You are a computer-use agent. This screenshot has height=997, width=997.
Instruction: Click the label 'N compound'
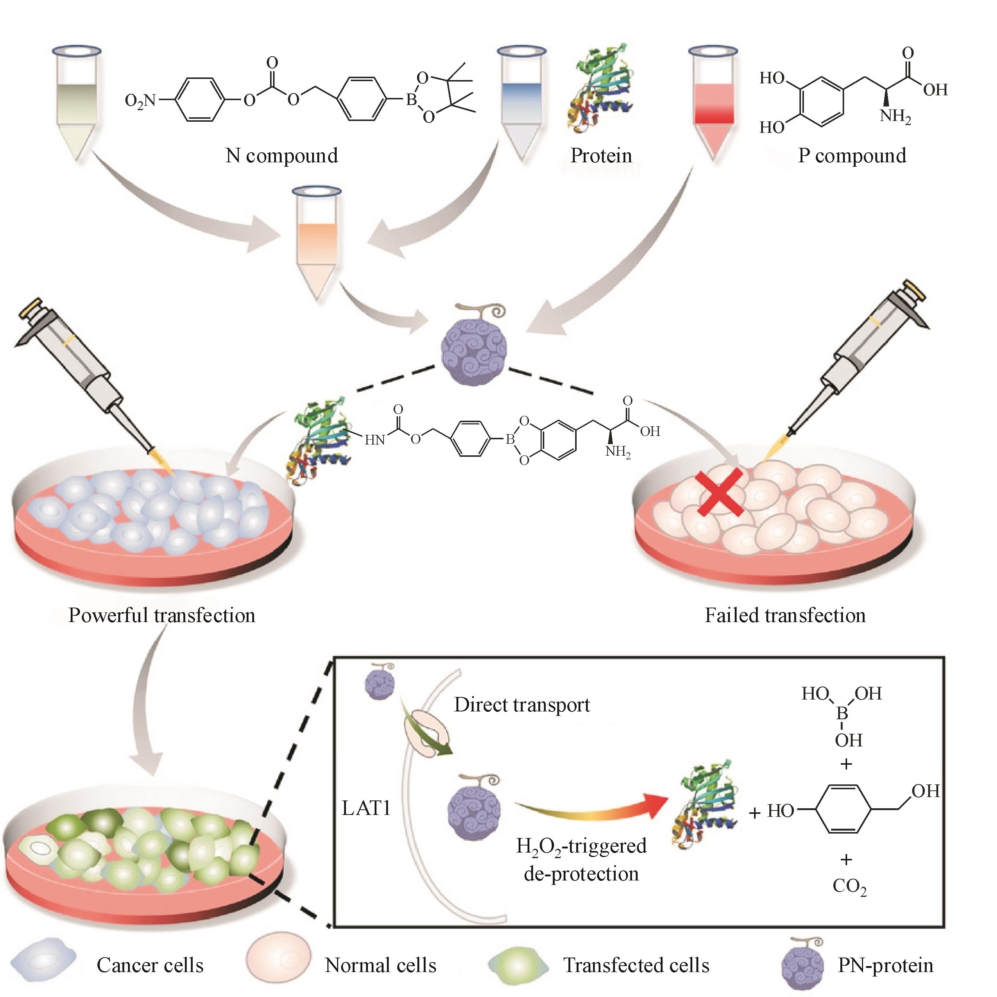tap(282, 155)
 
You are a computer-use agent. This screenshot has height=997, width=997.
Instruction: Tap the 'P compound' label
tap(852, 155)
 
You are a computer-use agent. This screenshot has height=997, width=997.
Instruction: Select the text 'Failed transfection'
tap(785, 615)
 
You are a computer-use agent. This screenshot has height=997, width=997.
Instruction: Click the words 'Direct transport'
tap(522, 705)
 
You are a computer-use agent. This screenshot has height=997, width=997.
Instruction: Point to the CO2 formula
tap(849, 886)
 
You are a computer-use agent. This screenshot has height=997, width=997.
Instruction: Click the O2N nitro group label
tap(140, 100)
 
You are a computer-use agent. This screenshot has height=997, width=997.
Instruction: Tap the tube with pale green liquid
tap(77, 103)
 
